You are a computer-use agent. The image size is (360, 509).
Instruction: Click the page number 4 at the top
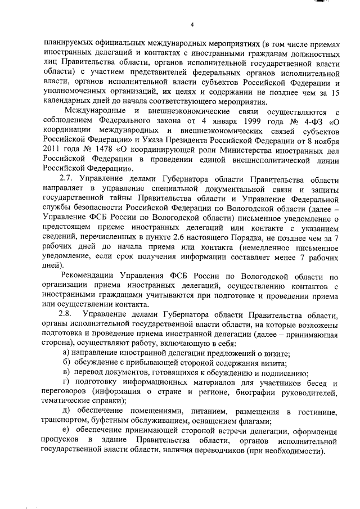[192, 24]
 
